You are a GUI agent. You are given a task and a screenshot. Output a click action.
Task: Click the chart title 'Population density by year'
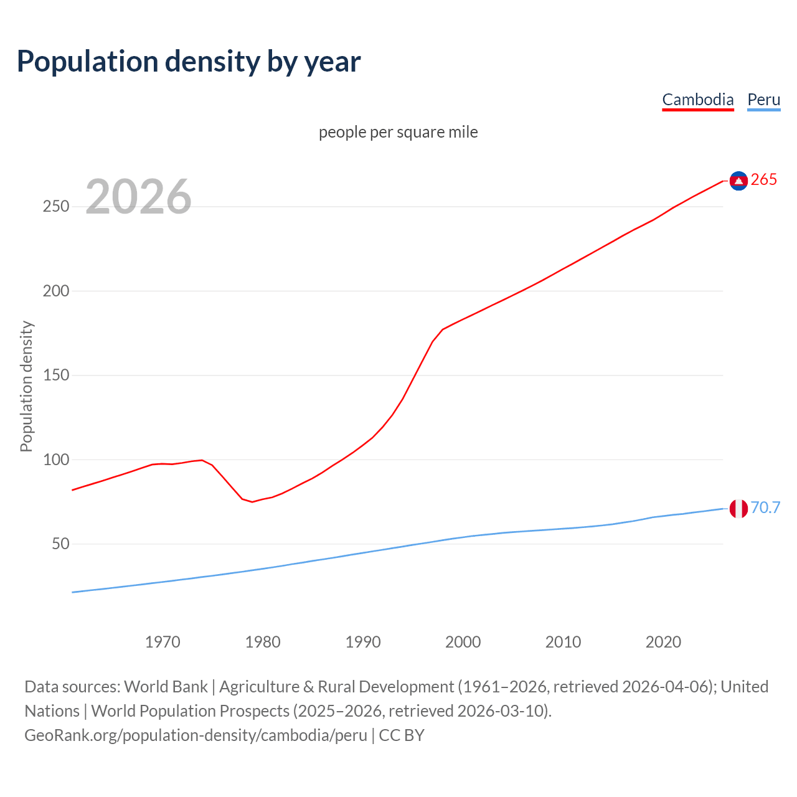coord(189,62)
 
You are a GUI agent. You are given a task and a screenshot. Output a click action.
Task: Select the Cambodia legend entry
coord(697,100)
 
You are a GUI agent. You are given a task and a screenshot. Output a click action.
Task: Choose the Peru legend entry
coord(763,100)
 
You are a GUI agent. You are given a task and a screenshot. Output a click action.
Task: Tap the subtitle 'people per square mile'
coord(398,132)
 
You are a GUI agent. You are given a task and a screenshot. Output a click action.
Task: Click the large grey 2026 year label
coord(138,197)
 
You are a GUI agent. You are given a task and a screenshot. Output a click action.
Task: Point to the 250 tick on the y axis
coord(55,207)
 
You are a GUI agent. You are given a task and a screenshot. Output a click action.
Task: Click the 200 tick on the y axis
coord(55,291)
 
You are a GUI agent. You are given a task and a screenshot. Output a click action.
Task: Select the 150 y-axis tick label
coord(55,375)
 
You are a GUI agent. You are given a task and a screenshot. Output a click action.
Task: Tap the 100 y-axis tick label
coord(55,460)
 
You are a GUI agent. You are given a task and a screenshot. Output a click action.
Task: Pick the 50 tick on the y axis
coord(60,544)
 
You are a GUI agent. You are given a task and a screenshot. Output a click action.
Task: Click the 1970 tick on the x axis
coord(163,642)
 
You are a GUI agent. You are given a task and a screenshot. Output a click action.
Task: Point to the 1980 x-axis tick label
coord(263,642)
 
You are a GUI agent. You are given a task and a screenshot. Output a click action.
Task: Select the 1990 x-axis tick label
coord(363,642)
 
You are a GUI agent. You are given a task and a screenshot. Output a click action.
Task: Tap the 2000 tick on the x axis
coord(463,642)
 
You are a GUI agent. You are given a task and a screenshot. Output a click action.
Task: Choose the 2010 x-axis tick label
coord(563,642)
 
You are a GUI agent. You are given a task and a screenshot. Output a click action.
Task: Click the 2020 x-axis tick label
coord(663,642)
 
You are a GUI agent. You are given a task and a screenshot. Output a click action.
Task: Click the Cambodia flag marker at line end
coord(738,181)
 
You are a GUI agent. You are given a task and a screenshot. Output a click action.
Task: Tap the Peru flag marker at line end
coord(738,509)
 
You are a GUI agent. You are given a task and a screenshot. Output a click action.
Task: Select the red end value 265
coord(764,180)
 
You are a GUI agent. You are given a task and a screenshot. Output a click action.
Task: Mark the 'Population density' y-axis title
coord(26,386)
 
